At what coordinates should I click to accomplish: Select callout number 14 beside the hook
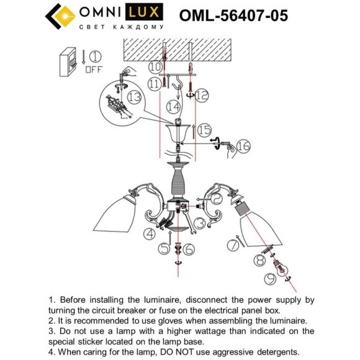pos(174,106)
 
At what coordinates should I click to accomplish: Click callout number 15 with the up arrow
pos(204,130)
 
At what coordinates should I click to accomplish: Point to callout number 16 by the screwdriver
pos(243,146)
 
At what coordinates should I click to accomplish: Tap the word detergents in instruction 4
pos(272,351)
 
